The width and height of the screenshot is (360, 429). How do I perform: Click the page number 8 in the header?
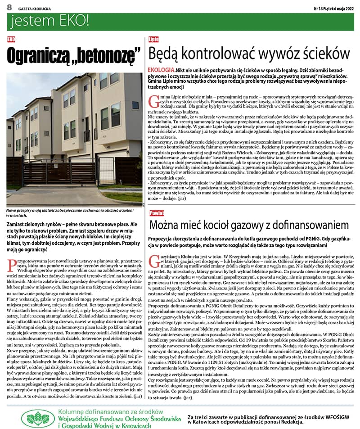click(9, 8)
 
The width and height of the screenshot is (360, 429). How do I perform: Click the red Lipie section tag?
click(153, 40)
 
